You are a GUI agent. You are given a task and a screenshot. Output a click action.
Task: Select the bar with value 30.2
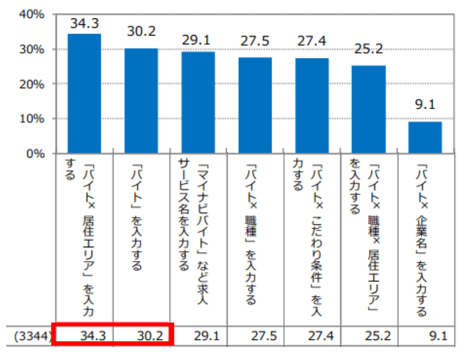coord(141,101)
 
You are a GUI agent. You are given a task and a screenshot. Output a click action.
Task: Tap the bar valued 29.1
coord(198,102)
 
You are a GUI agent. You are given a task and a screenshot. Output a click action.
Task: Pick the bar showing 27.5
coord(255,105)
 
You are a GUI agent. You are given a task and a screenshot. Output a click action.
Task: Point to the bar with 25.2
coord(369,109)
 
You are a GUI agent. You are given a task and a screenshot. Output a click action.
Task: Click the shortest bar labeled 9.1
coord(425,137)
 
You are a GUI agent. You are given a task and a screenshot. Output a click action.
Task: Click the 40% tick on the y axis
coord(31,15)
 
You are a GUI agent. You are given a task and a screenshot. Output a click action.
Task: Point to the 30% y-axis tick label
coord(31,49)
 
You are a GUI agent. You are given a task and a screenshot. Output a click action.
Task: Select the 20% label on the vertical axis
coord(31,84)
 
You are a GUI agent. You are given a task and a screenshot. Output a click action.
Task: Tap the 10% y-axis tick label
coord(31,119)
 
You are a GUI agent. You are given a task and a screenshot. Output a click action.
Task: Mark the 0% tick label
coord(35,153)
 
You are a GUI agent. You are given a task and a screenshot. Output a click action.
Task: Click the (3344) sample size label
coord(31,337)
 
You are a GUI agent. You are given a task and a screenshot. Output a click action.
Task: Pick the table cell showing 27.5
coord(263,337)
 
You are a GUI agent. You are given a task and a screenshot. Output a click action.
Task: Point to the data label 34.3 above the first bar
coord(84,22)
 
